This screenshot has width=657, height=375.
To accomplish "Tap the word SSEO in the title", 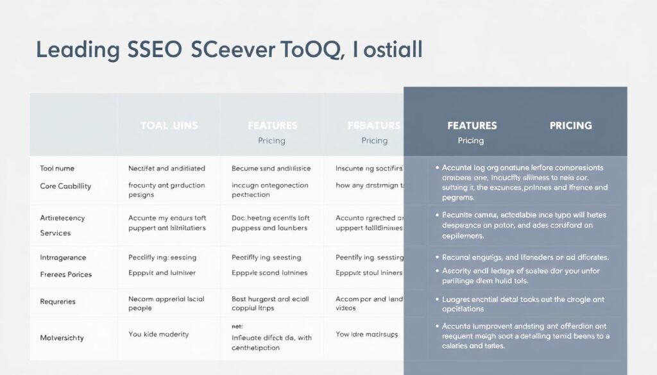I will (151, 50).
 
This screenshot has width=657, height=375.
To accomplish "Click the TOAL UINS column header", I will (169, 126).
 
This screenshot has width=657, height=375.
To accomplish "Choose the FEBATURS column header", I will (374, 126).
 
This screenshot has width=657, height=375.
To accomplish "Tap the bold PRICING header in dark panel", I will (570, 126).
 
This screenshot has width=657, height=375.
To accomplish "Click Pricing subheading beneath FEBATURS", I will (374, 140).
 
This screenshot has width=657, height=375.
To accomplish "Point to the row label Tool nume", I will (57, 169).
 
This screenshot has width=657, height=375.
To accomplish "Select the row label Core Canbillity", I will (65, 186).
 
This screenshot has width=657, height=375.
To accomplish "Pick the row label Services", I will (55, 233).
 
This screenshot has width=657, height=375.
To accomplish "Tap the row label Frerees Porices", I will (66, 274).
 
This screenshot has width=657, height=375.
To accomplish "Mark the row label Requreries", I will (58, 301).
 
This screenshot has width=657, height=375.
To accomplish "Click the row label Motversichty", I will (62, 337).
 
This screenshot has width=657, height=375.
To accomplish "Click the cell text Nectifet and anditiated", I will (167, 169).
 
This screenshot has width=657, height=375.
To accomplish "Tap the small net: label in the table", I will (237, 326).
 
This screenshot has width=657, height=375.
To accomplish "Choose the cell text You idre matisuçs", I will (366, 333).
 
